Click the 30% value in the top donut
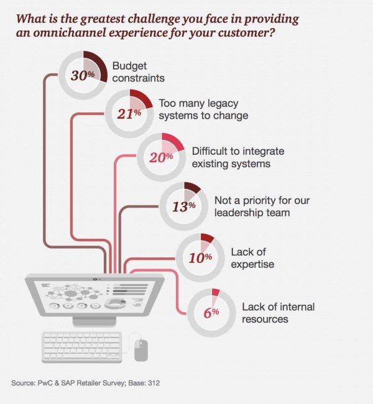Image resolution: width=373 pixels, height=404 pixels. point(83,75)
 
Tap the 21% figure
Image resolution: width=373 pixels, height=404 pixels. point(129,114)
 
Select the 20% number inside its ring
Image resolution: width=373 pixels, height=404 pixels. point(161,157)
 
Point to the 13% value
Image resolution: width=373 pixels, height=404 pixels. point(184,206)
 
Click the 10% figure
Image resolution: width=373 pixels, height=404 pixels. point(200,258)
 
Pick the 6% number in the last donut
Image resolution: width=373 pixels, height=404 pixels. point(211,313)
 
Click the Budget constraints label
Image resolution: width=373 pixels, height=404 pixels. point(139,72)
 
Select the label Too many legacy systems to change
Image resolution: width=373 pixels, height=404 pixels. point(203,109)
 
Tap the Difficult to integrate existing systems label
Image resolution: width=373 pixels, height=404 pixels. point(238,157)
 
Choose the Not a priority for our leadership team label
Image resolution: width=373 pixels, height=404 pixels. point(262,206)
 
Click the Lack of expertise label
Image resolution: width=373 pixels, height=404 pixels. point(252,258)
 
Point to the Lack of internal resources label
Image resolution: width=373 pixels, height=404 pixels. point(279,313)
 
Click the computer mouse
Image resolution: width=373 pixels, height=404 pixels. point(141,350)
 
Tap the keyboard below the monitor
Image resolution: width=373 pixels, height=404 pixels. point(81,347)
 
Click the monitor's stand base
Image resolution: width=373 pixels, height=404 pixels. point(94,321)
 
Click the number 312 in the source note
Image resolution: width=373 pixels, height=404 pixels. point(154,383)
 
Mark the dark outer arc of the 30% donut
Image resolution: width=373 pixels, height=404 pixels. point(101,62)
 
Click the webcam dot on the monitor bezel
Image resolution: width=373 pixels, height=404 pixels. point(96,279)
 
